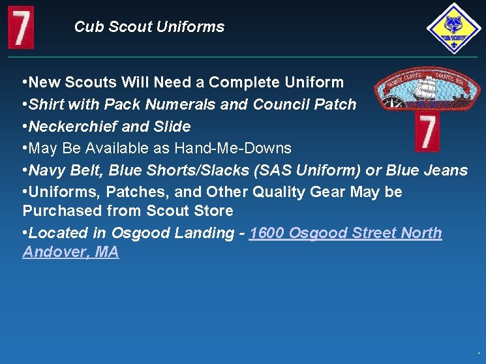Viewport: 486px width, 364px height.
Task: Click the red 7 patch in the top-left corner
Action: click(20, 27)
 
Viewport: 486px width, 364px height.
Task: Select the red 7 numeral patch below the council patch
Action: click(427, 132)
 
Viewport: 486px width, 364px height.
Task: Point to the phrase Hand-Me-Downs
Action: click(233, 149)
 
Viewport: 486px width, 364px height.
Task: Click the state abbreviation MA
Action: click(106, 252)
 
